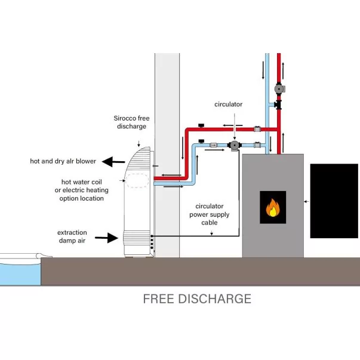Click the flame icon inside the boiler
click(x=272, y=208)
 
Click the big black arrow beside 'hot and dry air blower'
click(x=111, y=161)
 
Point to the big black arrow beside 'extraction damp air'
click(x=106, y=238)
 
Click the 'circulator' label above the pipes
click(x=229, y=104)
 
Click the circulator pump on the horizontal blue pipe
click(x=235, y=145)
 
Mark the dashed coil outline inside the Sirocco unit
click(x=138, y=181)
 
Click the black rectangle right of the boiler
click(x=334, y=200)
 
